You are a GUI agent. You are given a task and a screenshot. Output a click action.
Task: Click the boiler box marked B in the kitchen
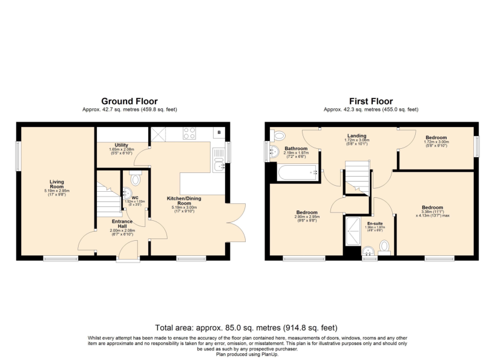(x=219, y=132)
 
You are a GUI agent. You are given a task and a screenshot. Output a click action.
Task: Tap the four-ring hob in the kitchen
(x=189, y=132)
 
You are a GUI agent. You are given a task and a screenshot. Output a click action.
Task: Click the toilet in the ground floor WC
(x=135, y=178)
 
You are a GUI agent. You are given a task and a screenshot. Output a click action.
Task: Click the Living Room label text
(x=57, y=184)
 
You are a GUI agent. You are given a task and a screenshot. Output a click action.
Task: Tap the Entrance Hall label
(x=109, y=225)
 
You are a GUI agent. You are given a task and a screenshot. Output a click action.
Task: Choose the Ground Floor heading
(x=129, y=101)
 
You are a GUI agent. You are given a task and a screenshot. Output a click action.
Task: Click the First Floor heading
(x=370, y=101)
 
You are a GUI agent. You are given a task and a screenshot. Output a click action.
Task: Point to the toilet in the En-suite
(x=384, y=246)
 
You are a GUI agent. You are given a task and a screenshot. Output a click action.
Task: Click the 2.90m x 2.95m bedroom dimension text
(x=307, y=217)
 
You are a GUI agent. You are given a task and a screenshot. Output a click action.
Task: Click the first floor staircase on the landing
(x=356, y=177)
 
